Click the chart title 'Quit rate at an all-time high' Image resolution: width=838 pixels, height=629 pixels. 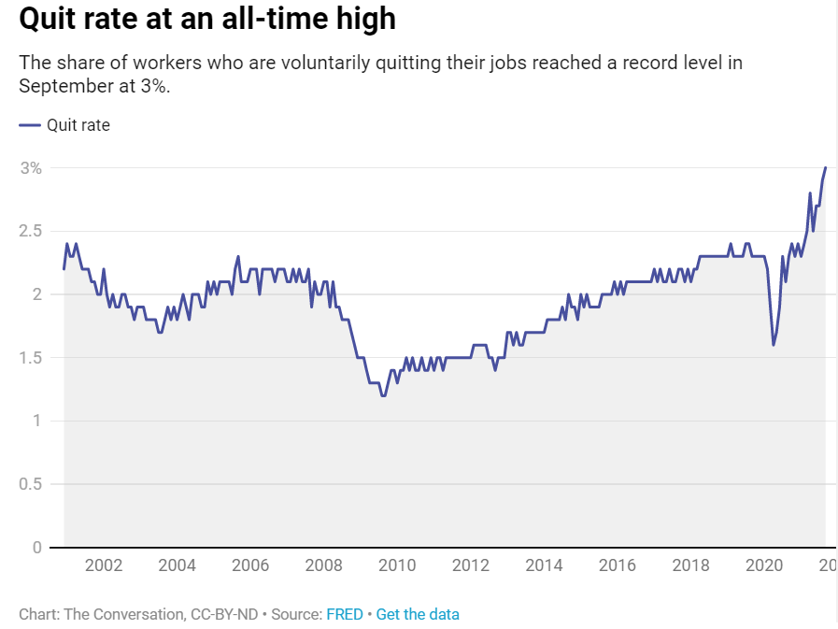[x=206, y=20]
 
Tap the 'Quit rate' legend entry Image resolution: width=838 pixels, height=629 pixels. [x=78, y=124]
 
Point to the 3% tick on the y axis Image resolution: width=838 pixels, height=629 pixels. [x=32, y=168]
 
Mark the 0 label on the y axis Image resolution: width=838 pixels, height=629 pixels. [x=37, y=547]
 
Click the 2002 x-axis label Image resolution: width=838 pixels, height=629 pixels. [x=103, y=565]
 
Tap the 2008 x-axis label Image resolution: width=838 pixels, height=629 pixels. [x=324, y=565]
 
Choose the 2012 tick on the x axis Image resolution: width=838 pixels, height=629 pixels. [x=471, y=565]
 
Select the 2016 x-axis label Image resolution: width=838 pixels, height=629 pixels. [x=618, y=565]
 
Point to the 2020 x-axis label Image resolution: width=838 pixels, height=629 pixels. [x=764, y=565]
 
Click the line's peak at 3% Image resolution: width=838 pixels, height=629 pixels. [x=825, y=168]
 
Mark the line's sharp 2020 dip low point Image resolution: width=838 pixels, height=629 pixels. [x=774, y=345]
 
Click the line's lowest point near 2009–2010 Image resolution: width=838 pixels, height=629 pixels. [x=383, y=395]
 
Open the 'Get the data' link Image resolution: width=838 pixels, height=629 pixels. [x=418, y=614]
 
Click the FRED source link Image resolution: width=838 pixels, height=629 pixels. [x=346, y=614]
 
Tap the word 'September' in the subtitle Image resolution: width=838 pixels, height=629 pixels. [x=58, y=85]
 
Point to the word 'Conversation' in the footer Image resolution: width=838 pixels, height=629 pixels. [x=130, y=614]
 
